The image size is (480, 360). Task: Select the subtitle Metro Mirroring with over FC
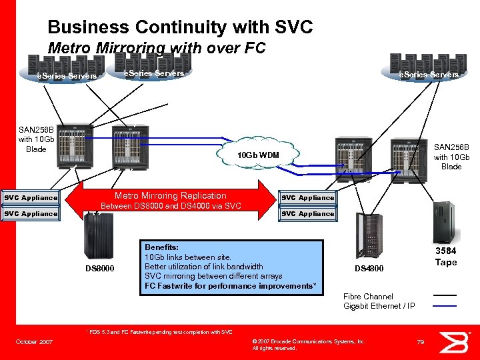(x=157, y=48)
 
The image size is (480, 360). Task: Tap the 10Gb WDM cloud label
(x=259, y=155)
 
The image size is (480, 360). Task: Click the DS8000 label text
(x=100, y=269)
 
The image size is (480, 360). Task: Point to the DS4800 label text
(x=369, y=269)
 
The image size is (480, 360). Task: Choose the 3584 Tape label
(x=445, y=257)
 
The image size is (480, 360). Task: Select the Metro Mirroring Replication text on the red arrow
(x=171, y=196)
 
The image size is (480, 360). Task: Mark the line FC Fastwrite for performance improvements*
(x=230, y=286)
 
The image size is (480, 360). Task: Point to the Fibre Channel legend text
(x=368, y=296)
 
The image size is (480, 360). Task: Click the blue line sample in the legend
(x=445, y=306)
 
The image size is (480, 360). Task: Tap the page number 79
(x=421, y=342)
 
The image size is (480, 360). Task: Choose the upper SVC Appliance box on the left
(x=31, y=198)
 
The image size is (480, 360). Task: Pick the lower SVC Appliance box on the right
(x=307, y=214)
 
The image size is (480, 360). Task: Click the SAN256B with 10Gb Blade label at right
(x=451, y=157)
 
